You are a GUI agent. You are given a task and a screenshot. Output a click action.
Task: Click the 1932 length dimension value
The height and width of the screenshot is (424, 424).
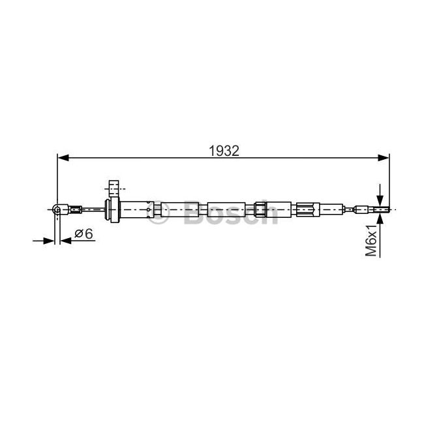(x=224, y=151)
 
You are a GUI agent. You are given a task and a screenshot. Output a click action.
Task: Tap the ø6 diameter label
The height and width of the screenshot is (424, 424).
(x=83, y=234)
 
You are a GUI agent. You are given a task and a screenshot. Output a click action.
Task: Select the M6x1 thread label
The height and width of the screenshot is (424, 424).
(x=371, y=240)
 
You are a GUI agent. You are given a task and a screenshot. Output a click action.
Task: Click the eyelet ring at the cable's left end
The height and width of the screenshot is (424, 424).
(x=57, y=209)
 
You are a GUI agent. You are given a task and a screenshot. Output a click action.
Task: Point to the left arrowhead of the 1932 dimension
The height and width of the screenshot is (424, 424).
(x=63, y=158)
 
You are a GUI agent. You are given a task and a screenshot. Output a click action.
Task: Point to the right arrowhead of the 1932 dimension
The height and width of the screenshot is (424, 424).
(x=384, y=158)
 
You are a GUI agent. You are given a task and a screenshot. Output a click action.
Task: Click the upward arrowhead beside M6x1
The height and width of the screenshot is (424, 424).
(x=380, y=219)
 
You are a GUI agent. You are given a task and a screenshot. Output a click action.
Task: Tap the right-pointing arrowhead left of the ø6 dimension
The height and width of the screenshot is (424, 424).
(x=49, y=241)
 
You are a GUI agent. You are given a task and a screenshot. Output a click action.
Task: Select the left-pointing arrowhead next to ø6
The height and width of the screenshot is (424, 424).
(x=66, y=241)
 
